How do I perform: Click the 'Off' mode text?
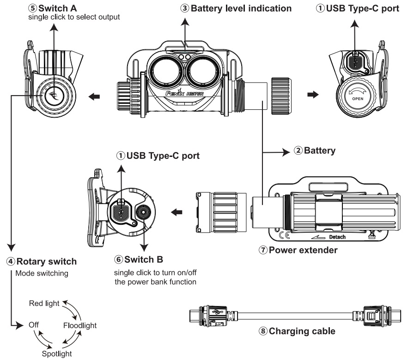[x=33, y=325]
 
